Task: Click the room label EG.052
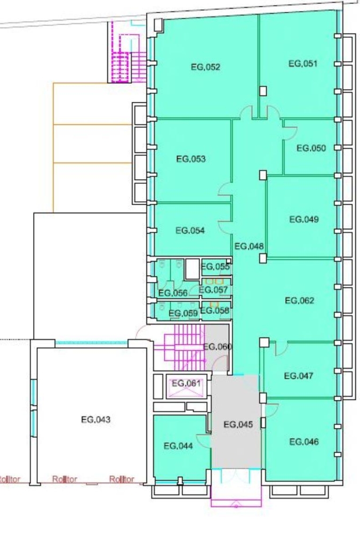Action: [205, 67]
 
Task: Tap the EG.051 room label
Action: [303, 63]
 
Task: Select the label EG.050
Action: [311, 148]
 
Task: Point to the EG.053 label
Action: [191, 159]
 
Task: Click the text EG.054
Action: [190, 230]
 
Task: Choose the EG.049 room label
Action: [304, 219]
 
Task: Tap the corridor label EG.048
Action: [249, 246]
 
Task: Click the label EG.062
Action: [299, 301]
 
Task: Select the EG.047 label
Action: [299, 376]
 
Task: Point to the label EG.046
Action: [304, 442]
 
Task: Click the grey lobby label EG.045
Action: [238, 424]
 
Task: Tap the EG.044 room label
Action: [178, 446]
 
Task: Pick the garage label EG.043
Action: [96, 420]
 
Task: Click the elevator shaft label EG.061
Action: [186, 383]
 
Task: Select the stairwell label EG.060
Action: [218, 347]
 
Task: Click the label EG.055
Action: [215, 267]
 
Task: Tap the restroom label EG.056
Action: [173, 293]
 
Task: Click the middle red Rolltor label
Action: [65, 479]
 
